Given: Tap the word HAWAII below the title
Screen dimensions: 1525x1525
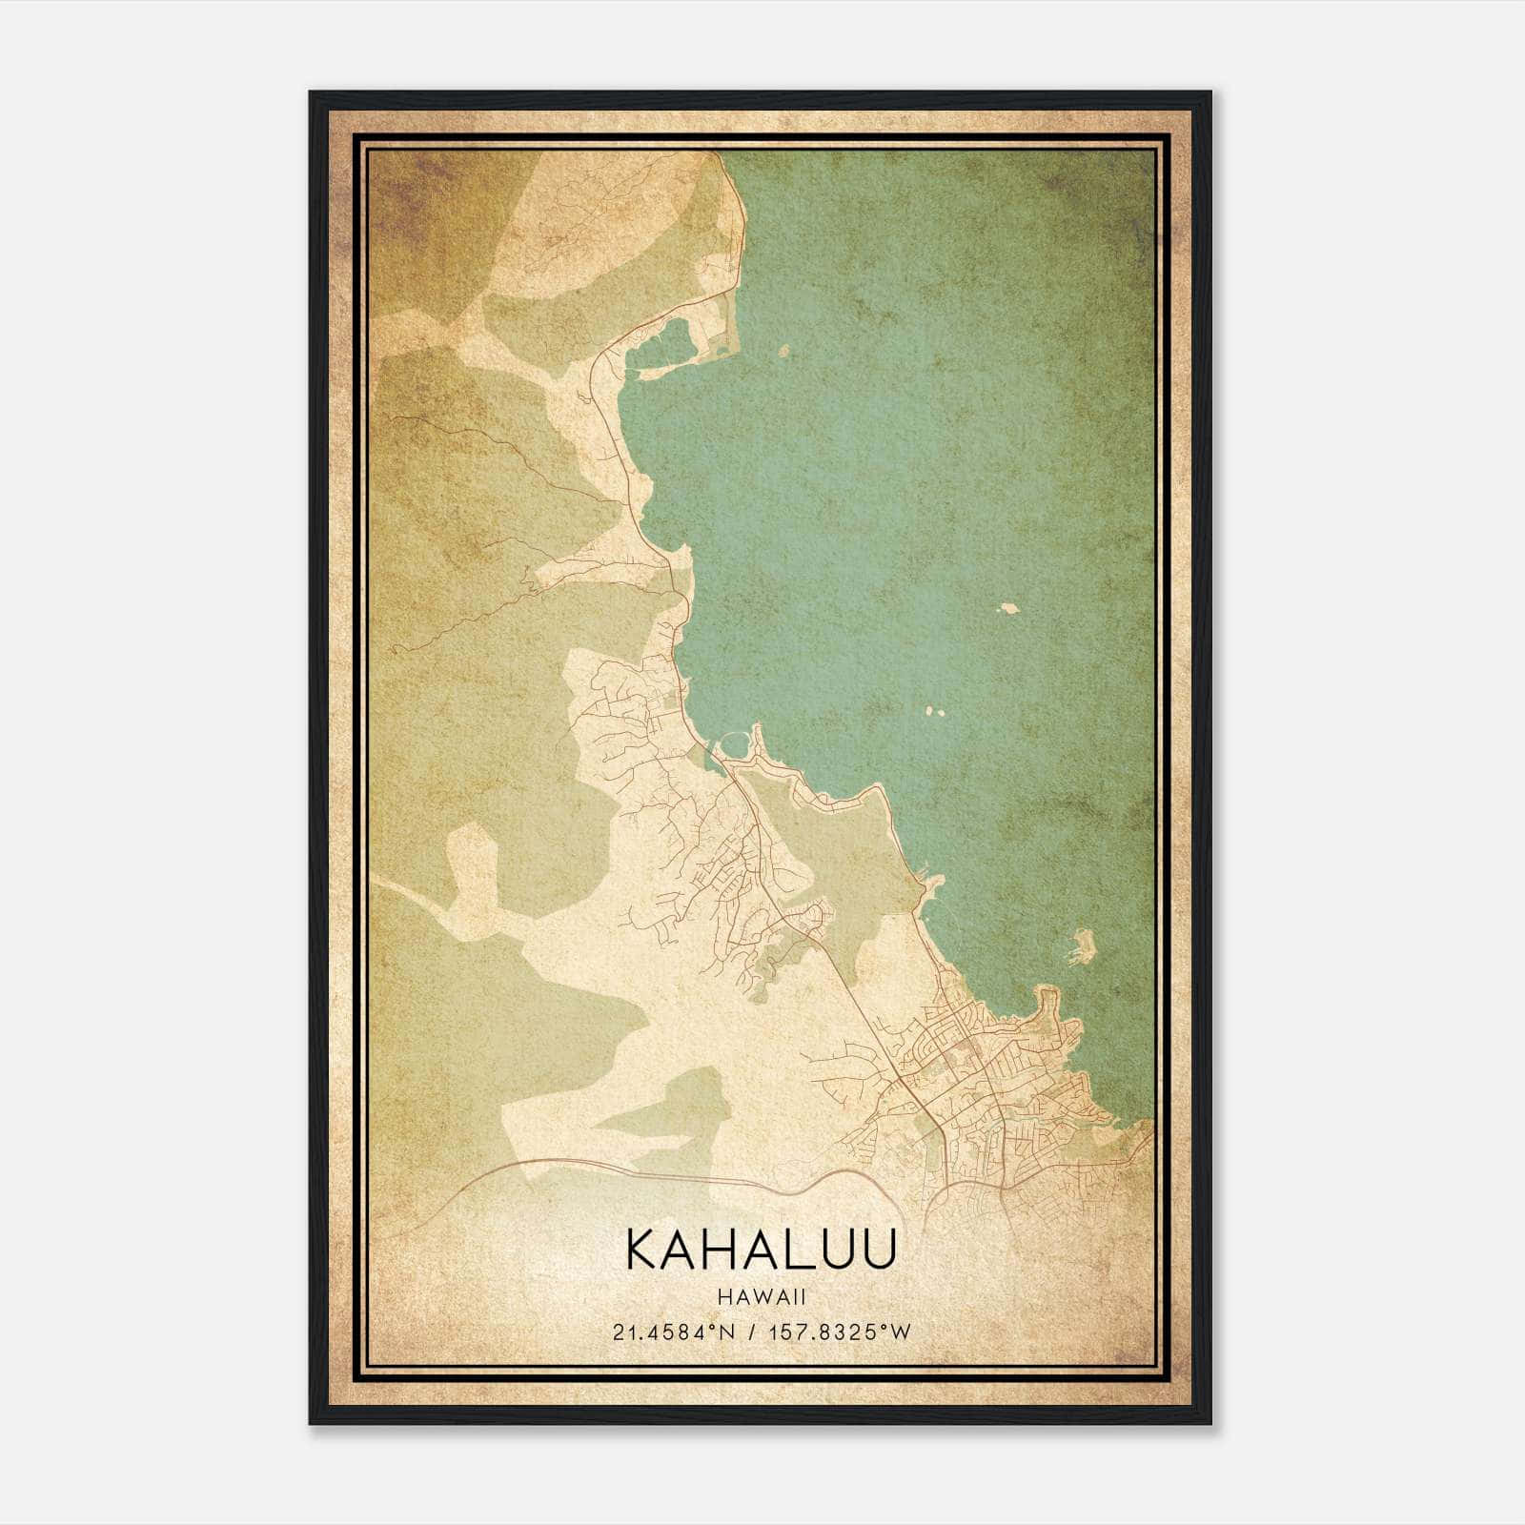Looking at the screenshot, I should pos(762,1295).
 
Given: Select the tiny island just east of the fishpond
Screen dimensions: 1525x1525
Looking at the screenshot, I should pos(783,352).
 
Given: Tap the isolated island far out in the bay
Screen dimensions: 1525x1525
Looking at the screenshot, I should pos(1007,607).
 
